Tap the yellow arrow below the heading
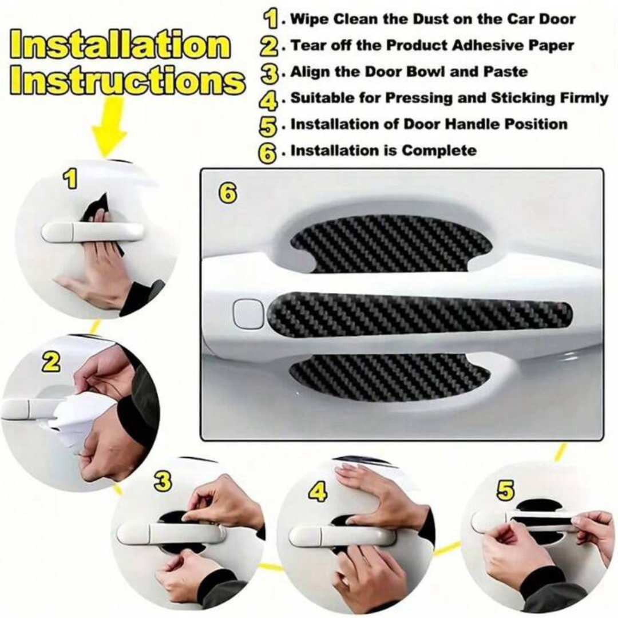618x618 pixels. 109,129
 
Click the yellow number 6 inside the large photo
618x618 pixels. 228,194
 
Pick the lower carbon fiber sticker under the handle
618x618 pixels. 389,377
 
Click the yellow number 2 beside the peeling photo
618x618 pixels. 51,362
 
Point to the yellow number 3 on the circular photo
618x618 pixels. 163,481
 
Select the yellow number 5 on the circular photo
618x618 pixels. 505,490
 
